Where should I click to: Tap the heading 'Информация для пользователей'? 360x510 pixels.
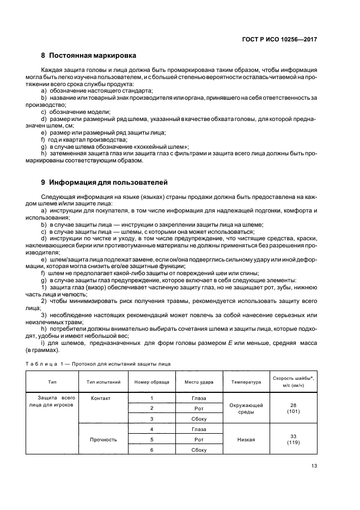click(x=108, y=181)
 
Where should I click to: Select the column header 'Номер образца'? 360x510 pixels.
click(x=151, y=382)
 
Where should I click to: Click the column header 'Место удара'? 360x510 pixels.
click(x=199, y=382)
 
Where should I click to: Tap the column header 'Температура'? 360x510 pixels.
click(x=246, y=382)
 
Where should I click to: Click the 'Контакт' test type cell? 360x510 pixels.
click(x=101, y=398)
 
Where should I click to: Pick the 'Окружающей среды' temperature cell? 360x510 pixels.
click(x=246, y=409)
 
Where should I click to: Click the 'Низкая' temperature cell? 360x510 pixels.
click(x=246, y=439)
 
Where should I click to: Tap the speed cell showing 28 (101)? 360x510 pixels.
click(x=294, y=409)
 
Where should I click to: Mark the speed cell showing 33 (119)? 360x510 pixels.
click(x=294, y=439)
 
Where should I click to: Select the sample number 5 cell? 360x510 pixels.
click(x=151, y=439)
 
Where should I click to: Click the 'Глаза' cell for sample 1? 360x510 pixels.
click(x=199, y=398)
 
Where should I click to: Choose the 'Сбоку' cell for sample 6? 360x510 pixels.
click(x=199, y=449)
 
